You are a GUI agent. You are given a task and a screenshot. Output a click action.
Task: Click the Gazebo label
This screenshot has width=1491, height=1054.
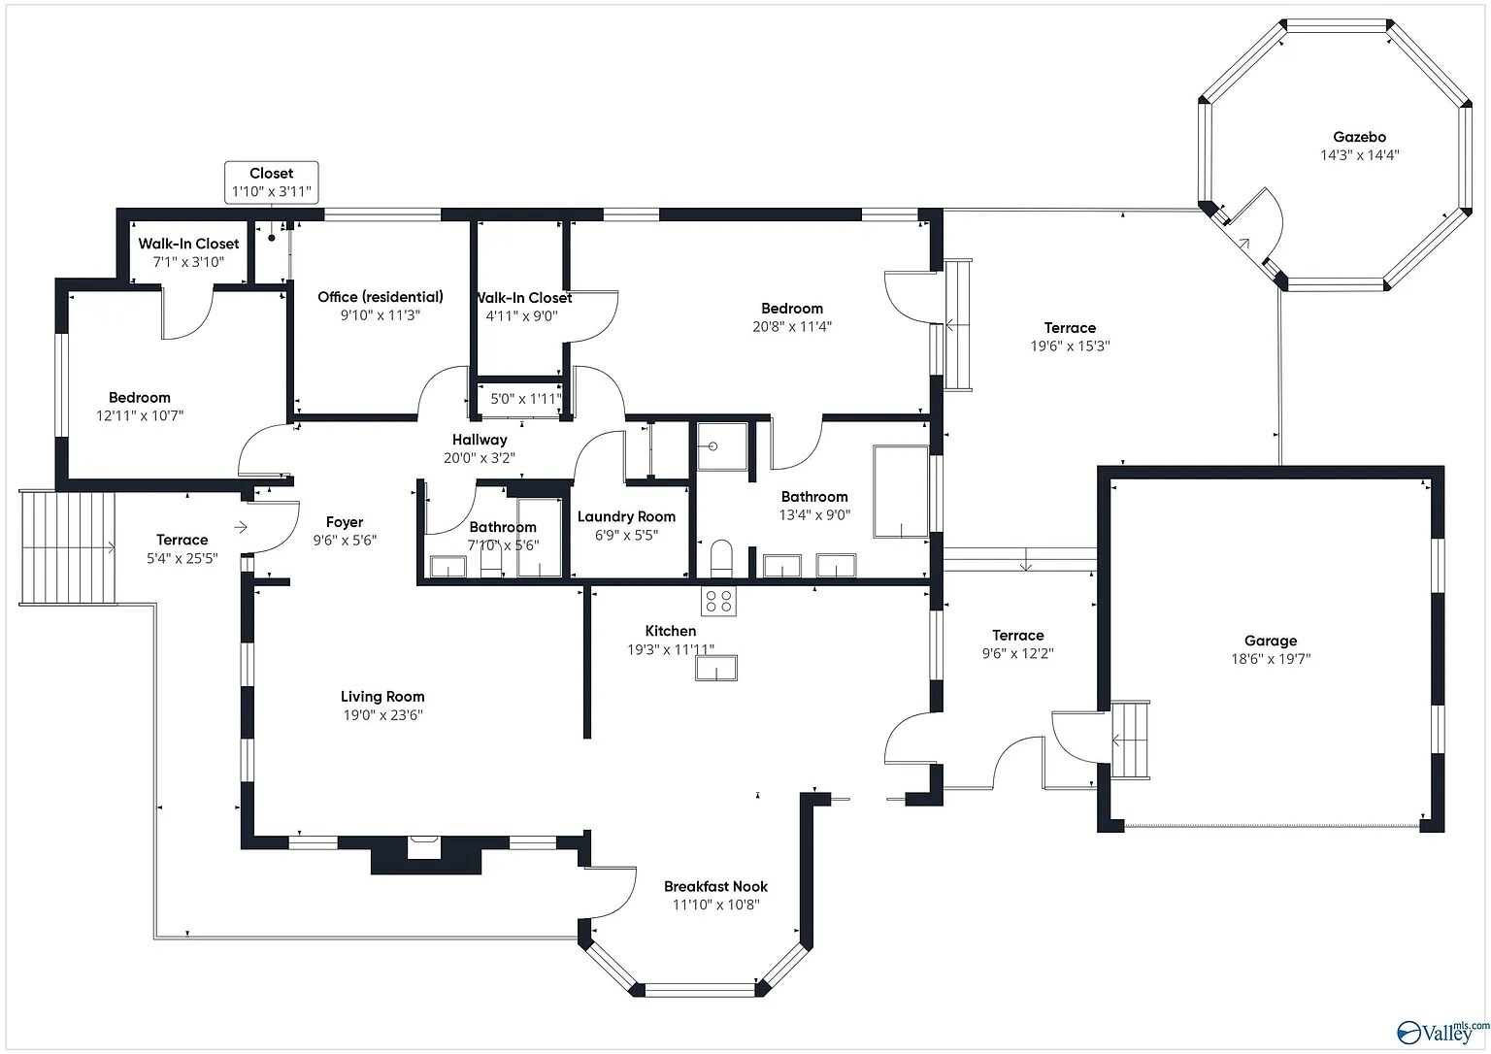(1359, 137)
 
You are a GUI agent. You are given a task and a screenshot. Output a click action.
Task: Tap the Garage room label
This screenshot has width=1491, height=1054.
(1271, 641)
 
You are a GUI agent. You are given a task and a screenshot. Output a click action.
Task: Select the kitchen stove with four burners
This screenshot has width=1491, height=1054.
(719, 602)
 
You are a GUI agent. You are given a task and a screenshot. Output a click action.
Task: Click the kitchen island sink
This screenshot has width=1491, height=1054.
(716, 668)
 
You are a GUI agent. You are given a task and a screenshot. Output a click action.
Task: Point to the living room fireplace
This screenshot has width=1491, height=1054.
(424, 848)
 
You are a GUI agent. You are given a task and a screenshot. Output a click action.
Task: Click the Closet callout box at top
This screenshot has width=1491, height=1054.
(272, 182)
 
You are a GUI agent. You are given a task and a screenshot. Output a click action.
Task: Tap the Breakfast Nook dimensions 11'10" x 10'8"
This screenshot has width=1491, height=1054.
(715, 905)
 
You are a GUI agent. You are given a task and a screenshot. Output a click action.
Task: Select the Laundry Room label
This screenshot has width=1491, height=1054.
(626, 516)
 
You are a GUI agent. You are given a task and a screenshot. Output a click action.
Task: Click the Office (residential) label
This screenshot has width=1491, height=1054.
(381, 297)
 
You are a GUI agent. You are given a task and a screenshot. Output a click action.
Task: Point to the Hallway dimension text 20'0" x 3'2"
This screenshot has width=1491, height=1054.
(480, 457)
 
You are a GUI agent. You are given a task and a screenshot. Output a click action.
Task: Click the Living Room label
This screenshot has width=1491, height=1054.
(382, 696)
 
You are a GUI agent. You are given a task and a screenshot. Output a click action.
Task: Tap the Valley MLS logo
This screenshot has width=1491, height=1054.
(1441, 1031)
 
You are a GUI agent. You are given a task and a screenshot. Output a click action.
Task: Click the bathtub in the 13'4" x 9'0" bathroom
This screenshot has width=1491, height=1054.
(901, 491)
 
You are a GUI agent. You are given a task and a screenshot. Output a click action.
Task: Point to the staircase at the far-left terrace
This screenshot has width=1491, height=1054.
(67, 547)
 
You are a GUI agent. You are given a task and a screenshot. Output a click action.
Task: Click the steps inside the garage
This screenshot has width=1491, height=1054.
(1129, 740)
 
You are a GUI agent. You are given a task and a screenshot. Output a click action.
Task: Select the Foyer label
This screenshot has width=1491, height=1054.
(345, 522)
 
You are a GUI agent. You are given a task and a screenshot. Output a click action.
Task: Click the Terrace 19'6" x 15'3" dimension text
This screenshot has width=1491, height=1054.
(1070, 346)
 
